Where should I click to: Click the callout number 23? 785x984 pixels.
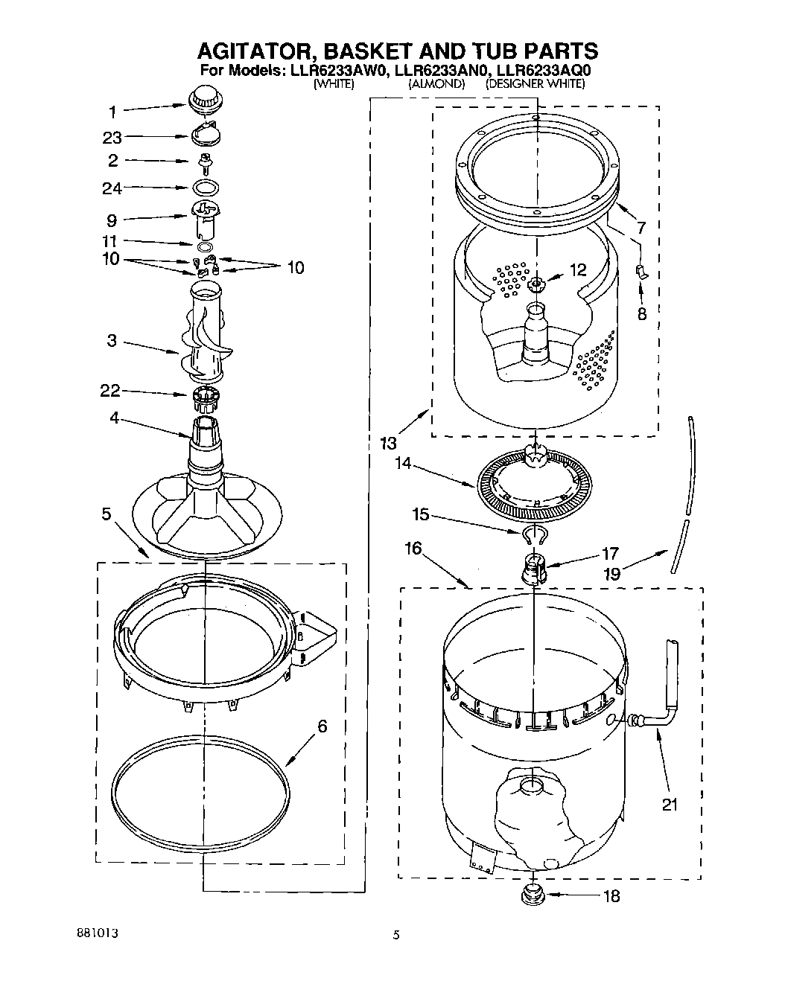(112, 138)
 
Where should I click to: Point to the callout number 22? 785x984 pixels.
(111, 392)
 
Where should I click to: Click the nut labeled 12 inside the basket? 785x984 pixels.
(535, 284)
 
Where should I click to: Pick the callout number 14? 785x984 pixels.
(403, 462)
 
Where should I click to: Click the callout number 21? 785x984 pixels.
(670, 805)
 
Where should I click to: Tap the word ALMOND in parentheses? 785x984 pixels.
(436, 85)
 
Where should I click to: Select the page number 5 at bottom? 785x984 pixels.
(396, 936)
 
